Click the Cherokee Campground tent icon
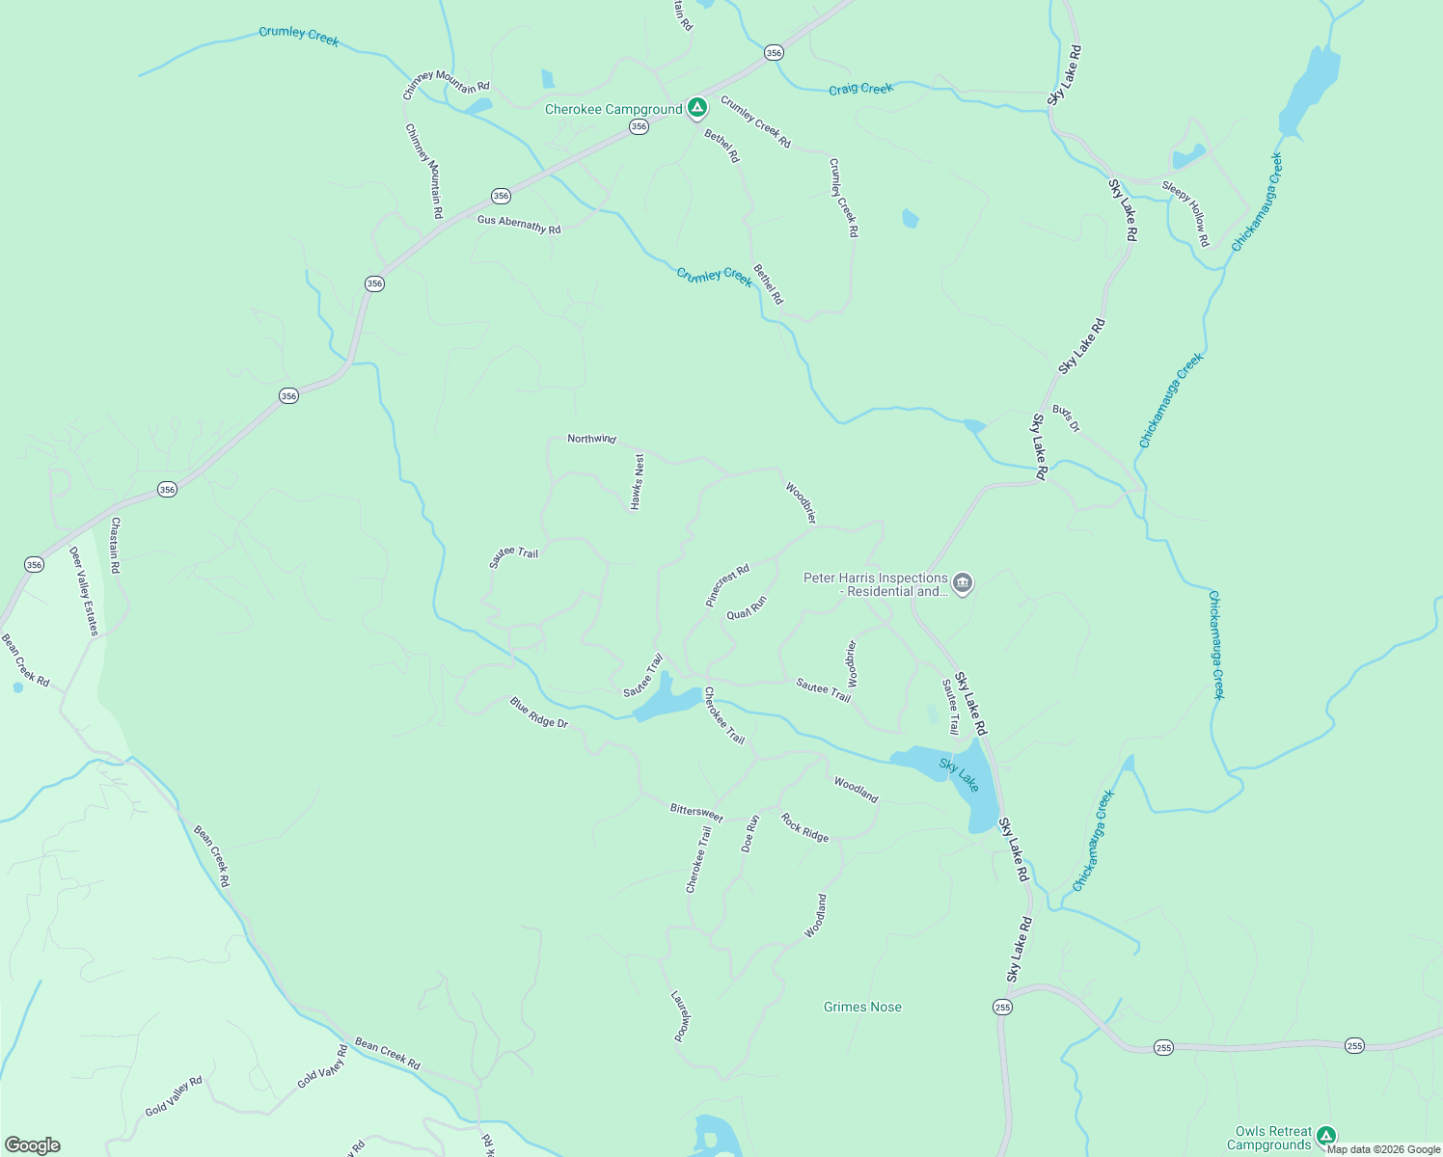click(x=697, y=107)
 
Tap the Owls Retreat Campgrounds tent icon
click(x=1326, y=1136)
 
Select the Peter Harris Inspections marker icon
click(x=962, y=583)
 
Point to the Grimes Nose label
click(x=862, y=1007)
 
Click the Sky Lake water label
click(x=959, y=774)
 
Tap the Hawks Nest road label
click(x=637, y=482)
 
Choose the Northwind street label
click(x=591, y=439)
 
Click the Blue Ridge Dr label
click(x=539, y=713)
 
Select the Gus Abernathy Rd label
click(x=519, y=225)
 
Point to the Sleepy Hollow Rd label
click(x=1185, y=213)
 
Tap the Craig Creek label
click(x=860, y=89)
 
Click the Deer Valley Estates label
click(x=84, y=591)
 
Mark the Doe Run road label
click(x=750, y=833)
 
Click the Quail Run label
click(x=747, y=607)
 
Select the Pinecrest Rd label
click(x=727, y=585)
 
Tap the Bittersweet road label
click(x=696, y=812)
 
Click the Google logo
click(x=32, y=1145)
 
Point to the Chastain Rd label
click(x=115, y=546)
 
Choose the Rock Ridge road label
click(x=804, y=827)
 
